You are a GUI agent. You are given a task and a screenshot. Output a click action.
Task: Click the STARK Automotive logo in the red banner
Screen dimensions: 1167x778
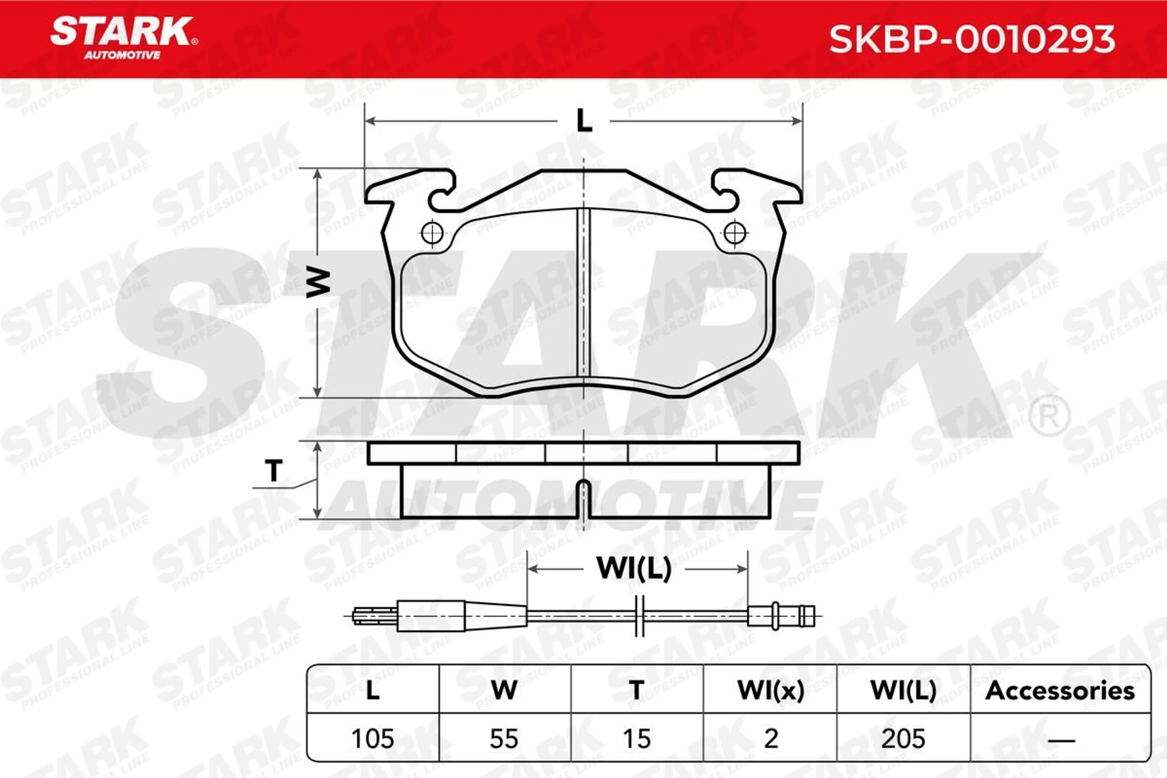tap(124, 38)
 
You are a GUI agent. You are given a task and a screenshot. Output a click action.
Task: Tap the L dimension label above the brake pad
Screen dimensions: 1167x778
tap(584, 121)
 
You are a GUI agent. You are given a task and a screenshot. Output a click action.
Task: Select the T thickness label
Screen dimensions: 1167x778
tap(274, 470)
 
